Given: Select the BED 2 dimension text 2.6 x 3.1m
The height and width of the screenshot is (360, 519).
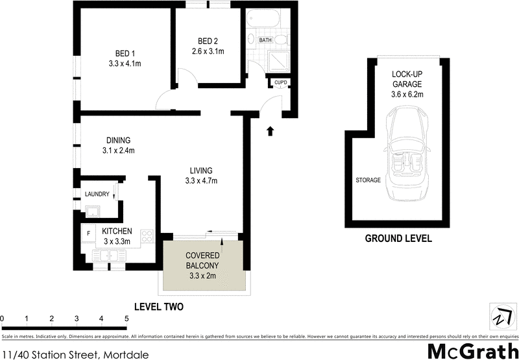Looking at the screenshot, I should point(208,52).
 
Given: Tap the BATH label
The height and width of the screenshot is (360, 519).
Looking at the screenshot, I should point(265,40).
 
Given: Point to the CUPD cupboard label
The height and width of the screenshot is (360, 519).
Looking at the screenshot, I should point(280,82).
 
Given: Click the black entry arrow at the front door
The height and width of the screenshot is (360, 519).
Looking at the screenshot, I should point(271,131).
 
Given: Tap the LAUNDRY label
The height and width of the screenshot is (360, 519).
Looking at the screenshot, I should point(97,194).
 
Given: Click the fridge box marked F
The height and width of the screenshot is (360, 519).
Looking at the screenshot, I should point(88,232).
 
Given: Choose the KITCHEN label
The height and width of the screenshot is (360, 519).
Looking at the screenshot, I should point(117,232).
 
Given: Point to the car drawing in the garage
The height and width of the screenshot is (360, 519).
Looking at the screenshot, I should point(407,156).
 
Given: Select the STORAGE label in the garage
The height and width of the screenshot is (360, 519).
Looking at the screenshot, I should point(367,180).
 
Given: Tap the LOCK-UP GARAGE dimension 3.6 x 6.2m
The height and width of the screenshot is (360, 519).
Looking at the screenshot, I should point(407,95).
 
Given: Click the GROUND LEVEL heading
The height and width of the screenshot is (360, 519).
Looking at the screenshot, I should point(398,239).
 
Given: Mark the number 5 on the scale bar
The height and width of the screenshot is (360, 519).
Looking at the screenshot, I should point(126,318).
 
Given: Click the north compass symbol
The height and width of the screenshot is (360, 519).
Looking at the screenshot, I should point(500,317).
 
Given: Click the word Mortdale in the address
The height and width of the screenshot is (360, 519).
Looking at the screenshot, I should point(126,354).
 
